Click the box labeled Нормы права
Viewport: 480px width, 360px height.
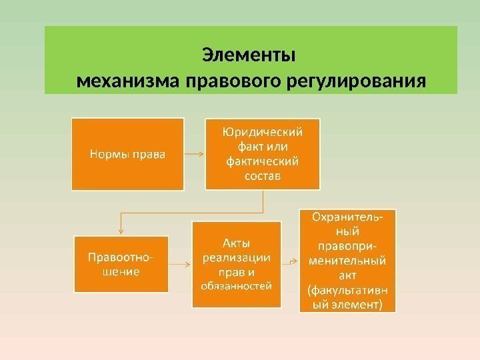point(128,154)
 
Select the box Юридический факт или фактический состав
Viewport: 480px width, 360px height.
point(263,154)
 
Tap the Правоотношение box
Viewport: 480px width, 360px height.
point(121,263)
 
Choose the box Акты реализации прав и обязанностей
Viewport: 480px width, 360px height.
point(236,264)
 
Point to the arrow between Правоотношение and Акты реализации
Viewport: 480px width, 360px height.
point(179,263)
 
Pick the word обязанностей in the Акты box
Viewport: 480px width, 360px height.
point(236,287)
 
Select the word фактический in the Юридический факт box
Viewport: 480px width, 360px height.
point(263,161)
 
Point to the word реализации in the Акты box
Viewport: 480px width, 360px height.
point(236,257)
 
